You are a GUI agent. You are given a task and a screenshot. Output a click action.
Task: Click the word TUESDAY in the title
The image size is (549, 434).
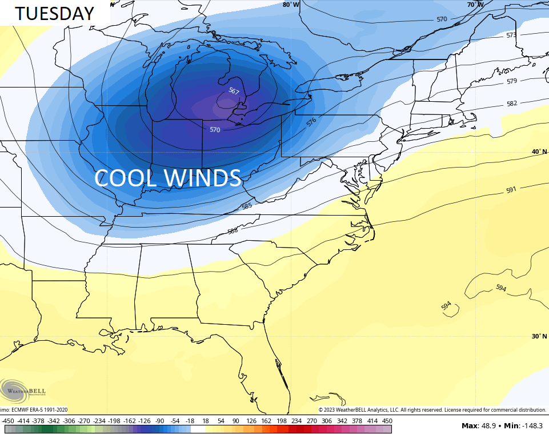54,13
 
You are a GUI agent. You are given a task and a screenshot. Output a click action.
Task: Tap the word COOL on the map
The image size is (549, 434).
125,178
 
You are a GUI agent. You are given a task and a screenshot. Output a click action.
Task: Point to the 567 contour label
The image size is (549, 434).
234,91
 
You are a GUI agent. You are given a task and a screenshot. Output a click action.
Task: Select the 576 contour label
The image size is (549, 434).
311,122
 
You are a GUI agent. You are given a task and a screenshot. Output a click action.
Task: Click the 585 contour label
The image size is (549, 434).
247,206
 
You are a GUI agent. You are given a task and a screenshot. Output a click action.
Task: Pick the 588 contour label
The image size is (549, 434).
233,231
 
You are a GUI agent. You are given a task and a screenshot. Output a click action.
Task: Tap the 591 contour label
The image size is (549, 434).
511,190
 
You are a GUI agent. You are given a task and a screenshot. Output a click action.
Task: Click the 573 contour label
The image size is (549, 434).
511,35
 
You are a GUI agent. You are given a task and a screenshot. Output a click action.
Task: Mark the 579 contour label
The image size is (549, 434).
512,81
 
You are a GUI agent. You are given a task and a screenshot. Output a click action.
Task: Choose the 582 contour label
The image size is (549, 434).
512,103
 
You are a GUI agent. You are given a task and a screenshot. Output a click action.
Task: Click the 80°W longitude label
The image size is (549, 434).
291,5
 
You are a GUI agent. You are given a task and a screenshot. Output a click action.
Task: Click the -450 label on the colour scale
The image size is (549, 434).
8,421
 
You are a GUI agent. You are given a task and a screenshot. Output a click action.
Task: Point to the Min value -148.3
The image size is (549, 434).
532,425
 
